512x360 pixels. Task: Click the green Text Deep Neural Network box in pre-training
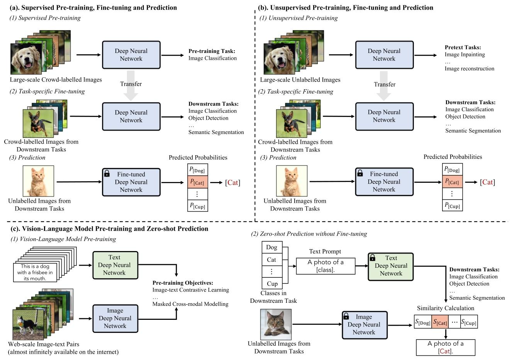(x=114, y=265)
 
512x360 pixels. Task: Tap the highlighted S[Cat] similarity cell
(x=440, y=322)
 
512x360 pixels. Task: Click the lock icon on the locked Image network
(x=346, y=316)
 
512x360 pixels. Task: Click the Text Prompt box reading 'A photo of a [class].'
(x=326, y=266)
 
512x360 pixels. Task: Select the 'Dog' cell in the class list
(x=272, y=247)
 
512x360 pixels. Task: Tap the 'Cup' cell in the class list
(x=272, y=284)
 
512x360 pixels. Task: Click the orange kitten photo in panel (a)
(x=38, y=181)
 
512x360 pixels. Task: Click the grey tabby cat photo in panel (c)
(x=276, y=324)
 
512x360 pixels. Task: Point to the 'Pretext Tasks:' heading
(x=463, y=48)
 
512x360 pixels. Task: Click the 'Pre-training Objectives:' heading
(x=183, y=283)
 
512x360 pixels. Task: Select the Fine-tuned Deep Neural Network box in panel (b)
(x=384, y=182)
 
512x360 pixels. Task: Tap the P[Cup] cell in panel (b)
(x=452, y=205)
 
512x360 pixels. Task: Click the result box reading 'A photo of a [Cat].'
(x=445, y=347)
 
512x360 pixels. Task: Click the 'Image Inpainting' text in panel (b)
(x=465, y=54)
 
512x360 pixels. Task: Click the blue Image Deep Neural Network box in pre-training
(x=115, y=318)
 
